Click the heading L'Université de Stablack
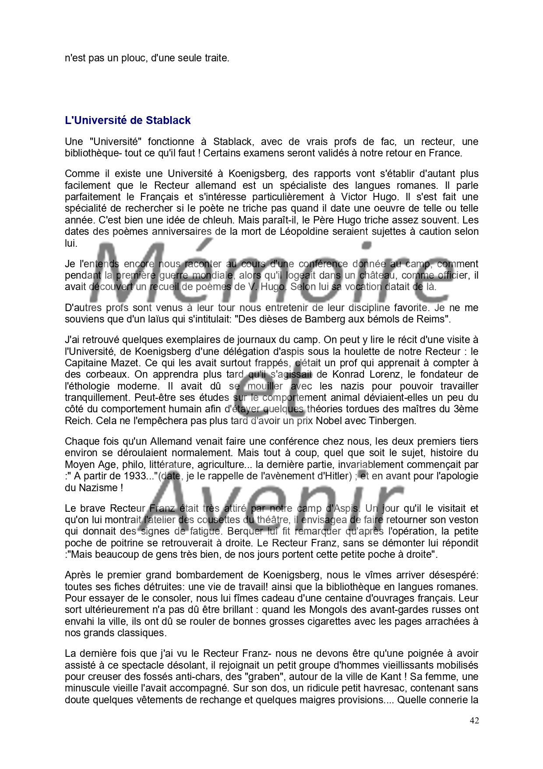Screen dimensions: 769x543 (127, 120)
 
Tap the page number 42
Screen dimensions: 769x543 (474, 720)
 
